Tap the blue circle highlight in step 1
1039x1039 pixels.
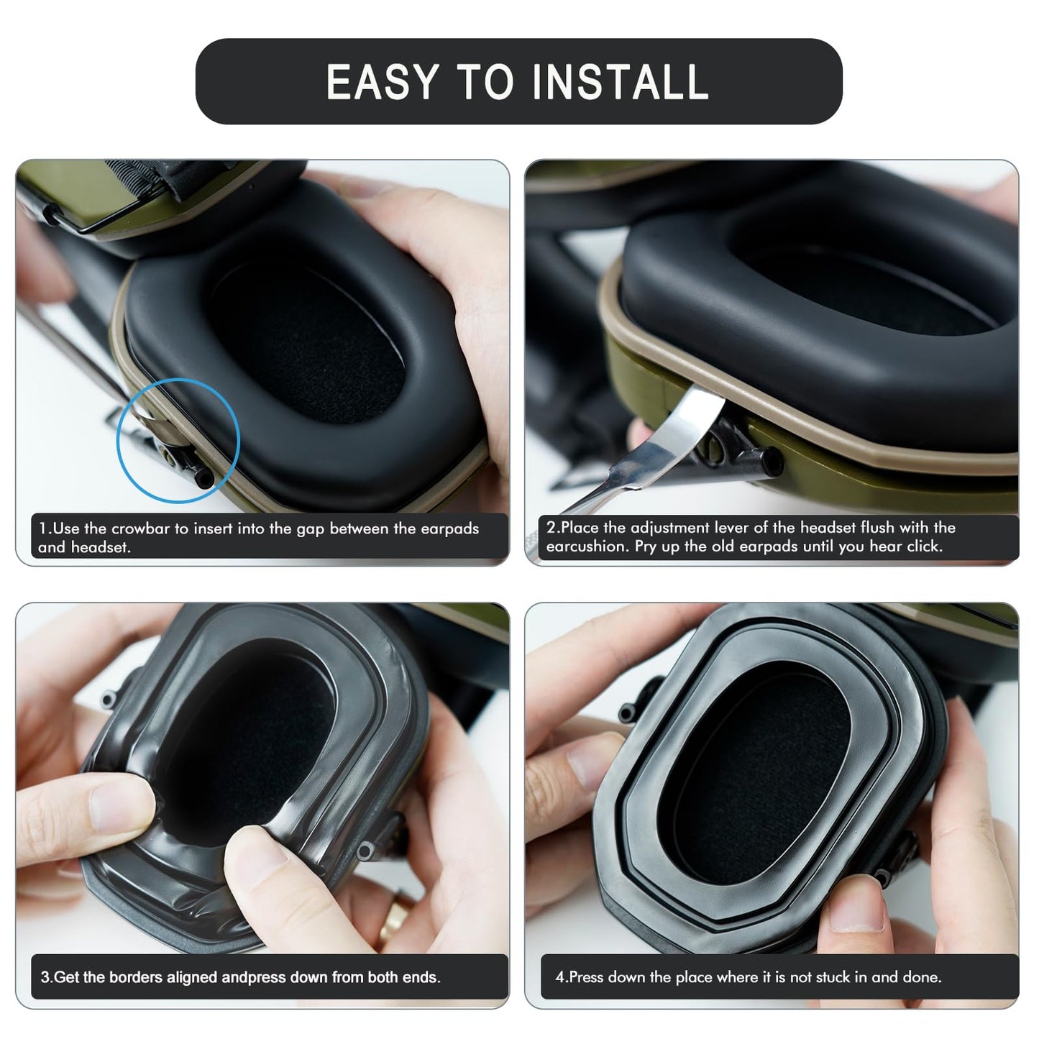178,440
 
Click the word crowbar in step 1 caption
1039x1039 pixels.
139,528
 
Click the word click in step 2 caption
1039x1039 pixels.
923,546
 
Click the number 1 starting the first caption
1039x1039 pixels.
42,528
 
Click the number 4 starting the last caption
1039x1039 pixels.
559,977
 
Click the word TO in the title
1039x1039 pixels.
487,82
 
